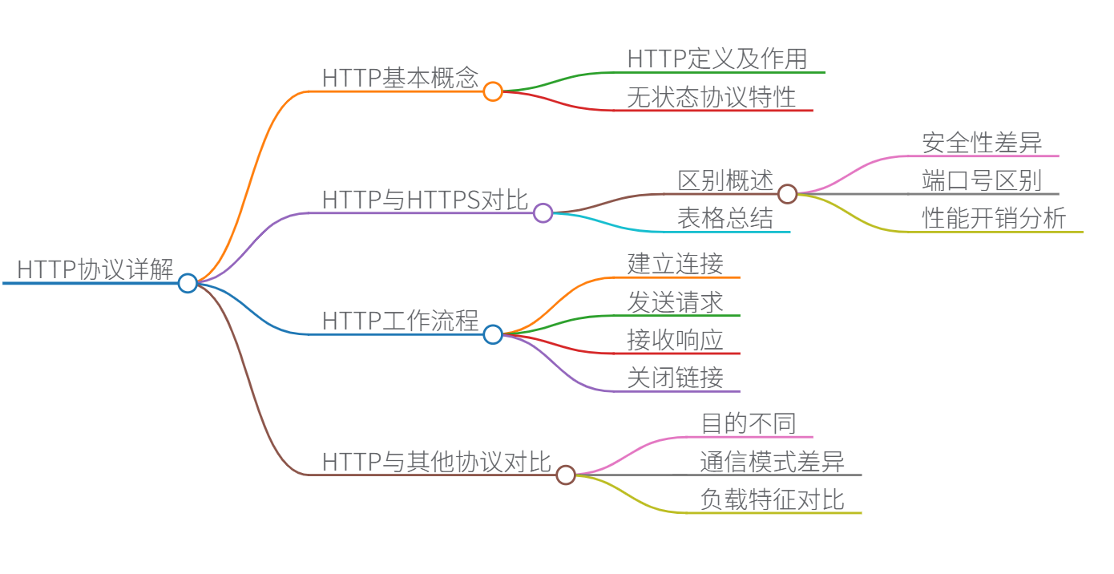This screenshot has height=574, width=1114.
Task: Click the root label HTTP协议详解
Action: point(95,269)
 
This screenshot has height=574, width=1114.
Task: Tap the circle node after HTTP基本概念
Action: point(493,91)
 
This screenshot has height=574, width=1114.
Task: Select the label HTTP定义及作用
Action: point(717,59)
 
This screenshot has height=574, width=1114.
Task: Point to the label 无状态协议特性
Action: point(712,97)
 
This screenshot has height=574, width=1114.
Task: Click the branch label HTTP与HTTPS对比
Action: point(425,200)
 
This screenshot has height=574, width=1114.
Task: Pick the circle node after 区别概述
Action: point(788,194)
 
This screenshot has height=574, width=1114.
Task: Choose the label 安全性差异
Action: point(982,143)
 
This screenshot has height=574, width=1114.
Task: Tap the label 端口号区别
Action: point(982,180)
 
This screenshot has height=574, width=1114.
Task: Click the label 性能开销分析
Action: point(994,219)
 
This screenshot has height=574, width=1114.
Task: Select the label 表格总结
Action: point(725,219)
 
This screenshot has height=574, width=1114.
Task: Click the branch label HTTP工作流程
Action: point(400,321)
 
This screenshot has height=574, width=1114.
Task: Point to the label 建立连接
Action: point(676,264)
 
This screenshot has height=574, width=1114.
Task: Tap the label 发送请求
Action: point(676,302)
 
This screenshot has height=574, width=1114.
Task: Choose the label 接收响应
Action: point(676,340)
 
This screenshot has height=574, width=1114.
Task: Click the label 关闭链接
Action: point(676,378)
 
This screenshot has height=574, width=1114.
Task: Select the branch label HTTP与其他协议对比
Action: point(436,462)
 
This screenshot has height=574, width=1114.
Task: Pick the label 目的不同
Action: point(749,423)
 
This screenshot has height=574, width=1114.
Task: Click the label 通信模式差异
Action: point(772,462)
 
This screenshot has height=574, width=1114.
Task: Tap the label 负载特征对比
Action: point(772,499)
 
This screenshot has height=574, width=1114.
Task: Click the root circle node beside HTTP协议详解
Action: point(188,283)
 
